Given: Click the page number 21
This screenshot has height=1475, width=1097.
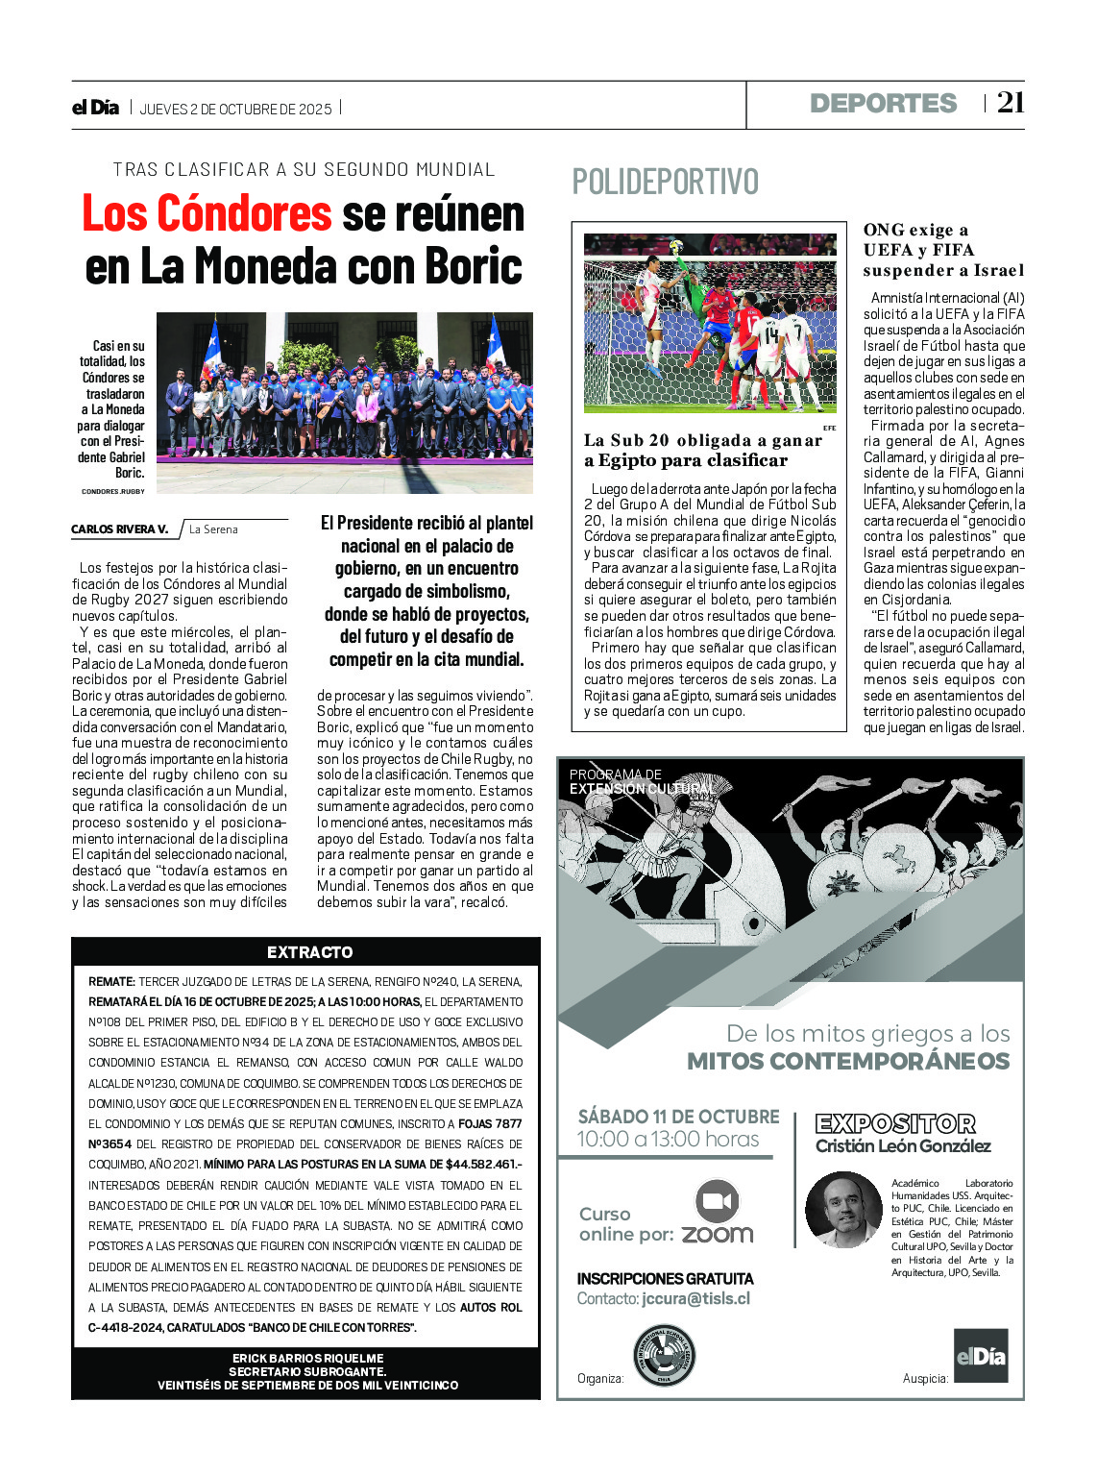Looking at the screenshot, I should coord(1011,103).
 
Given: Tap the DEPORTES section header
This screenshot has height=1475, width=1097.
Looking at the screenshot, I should coord(883,104).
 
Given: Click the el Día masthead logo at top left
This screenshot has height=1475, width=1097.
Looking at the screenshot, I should coord(95,108).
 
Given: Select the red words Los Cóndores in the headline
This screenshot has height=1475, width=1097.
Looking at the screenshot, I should coord(207,213).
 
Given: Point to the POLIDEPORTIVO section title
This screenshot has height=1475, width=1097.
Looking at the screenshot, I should coord(665,182).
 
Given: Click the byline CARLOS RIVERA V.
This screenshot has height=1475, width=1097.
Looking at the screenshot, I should coord(119,529).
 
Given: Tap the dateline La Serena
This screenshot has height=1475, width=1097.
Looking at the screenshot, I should coord(213,529).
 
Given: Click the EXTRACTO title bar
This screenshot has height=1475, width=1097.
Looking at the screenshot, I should coord(309,952).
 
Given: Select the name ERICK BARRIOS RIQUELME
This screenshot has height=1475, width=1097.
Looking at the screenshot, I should coord(307,1358).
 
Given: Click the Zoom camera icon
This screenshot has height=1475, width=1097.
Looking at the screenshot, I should coord(717,1201).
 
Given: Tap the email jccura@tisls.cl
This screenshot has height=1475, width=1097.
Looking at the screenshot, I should coord(695,1298).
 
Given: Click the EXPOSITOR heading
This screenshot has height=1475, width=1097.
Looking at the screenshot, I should coord(895,1123).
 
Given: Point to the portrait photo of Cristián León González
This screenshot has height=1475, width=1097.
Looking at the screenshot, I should coord(842,1209).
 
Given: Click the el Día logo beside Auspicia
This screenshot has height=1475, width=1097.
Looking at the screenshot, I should coord(980,1355).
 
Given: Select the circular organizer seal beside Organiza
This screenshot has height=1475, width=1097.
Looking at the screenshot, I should coord(664,1356).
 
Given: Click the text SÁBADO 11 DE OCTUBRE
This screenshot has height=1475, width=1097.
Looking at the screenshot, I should coord(678,1117).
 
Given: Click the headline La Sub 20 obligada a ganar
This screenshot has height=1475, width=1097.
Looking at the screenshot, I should coord(703,450).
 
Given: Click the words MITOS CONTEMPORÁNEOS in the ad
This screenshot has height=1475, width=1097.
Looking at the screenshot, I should coord(848,1062).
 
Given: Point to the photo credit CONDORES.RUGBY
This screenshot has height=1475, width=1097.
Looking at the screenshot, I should coord(113,491).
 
